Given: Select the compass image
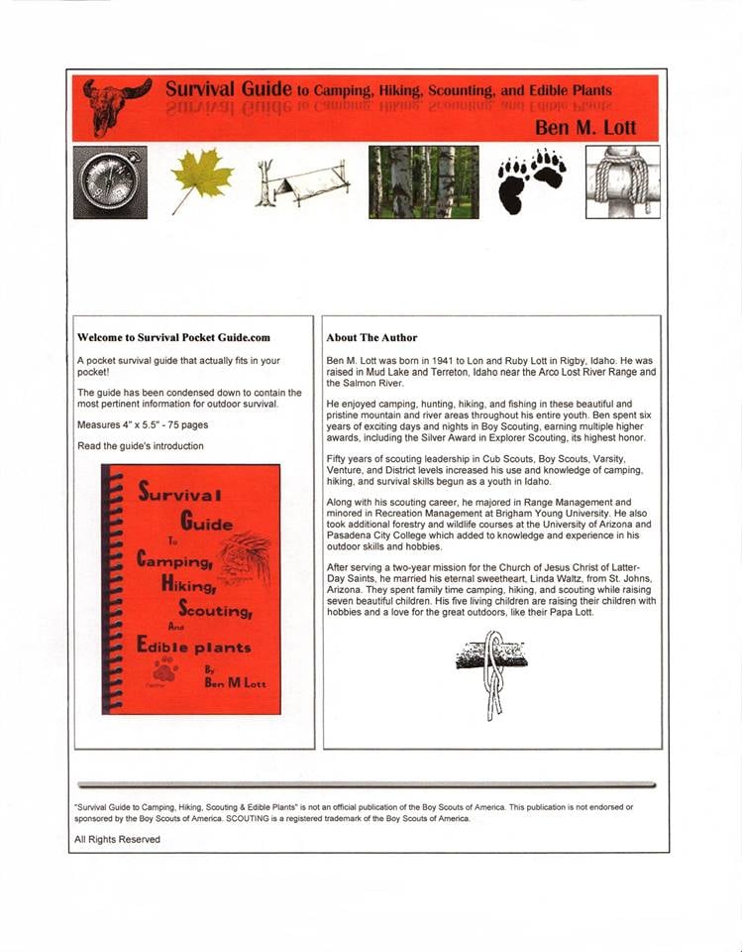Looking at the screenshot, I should click(x=110, y=182).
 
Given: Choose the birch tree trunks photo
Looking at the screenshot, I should click(x=423, y=182).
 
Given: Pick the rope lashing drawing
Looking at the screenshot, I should click(x=622, y=182).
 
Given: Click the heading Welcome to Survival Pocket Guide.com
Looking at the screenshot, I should click(x=173, y=337).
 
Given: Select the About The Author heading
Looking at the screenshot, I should click(x=371, y=337).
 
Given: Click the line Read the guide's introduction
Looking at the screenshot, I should click(x=141, y=446).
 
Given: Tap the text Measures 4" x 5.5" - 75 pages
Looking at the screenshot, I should click(x=143, y=424).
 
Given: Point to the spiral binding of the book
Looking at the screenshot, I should click(x=110, y=589).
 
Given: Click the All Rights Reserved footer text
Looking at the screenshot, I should click(x=117, y=839).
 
